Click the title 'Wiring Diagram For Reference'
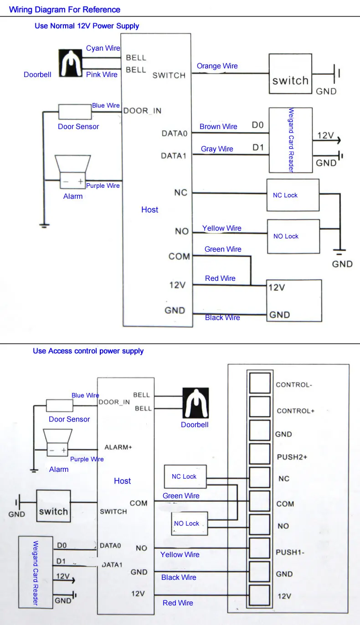click(65, 10)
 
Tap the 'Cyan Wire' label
click(103, 48)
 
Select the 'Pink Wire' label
click(102, 74)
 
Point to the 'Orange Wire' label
click(217, 66)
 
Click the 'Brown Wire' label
click(218, 126)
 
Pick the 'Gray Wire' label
click(217, 149)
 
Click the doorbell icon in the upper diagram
click(70, 63)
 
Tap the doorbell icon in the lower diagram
click(195, 403)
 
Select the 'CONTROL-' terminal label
click(294, 385)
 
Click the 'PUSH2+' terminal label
click(292, 457)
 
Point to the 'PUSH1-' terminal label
click(290, 552)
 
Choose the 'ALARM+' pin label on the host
click(118, 447)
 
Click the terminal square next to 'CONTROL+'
click(260, 407)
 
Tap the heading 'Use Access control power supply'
click(88, 351)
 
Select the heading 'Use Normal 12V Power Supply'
click(87, 26)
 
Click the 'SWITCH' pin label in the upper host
click(169, 75)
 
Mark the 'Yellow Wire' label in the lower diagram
click(180, 554)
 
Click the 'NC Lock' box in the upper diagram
click(293, 195)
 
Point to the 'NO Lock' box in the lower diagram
click(190, 523)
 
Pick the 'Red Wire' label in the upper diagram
click(220, 278)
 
